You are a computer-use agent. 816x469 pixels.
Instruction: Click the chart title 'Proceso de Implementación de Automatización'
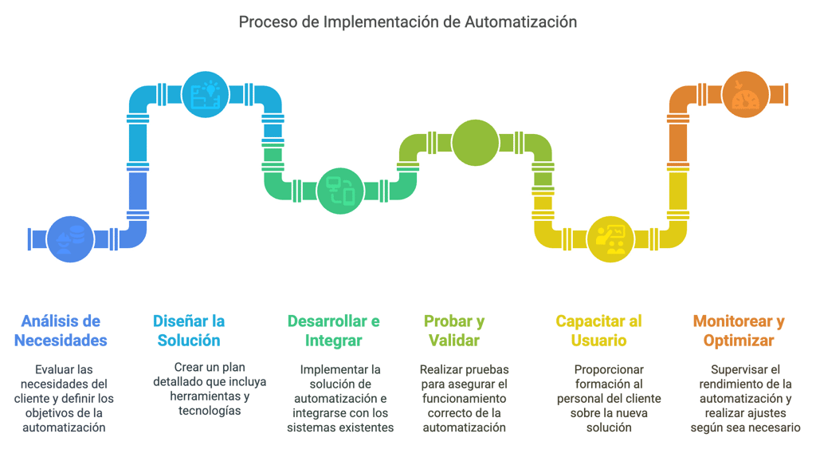coord(408,22)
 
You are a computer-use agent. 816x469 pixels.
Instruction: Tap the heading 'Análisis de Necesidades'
coord(61,331)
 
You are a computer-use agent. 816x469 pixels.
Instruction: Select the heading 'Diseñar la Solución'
coord(188,331)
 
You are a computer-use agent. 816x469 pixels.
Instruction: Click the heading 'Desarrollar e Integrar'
coord(333,331)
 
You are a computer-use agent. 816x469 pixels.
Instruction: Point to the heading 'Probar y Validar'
coord(453,331)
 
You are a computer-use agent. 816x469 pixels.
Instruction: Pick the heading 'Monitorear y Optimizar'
coord(738,331)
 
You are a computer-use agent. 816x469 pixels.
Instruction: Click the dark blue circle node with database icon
coord(70,238)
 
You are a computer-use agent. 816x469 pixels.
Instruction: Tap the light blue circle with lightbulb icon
coord(205,96)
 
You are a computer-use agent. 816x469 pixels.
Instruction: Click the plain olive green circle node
coord(475,143)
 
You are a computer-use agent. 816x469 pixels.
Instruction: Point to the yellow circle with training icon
coord(610,238)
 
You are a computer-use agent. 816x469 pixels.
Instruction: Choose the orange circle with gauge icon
coord(745,96)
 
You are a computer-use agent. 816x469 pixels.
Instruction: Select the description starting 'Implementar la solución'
coord(340,398)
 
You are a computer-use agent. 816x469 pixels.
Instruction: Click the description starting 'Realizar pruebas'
coord(464,398)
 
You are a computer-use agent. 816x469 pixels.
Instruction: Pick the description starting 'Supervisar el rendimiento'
coord(745,398)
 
